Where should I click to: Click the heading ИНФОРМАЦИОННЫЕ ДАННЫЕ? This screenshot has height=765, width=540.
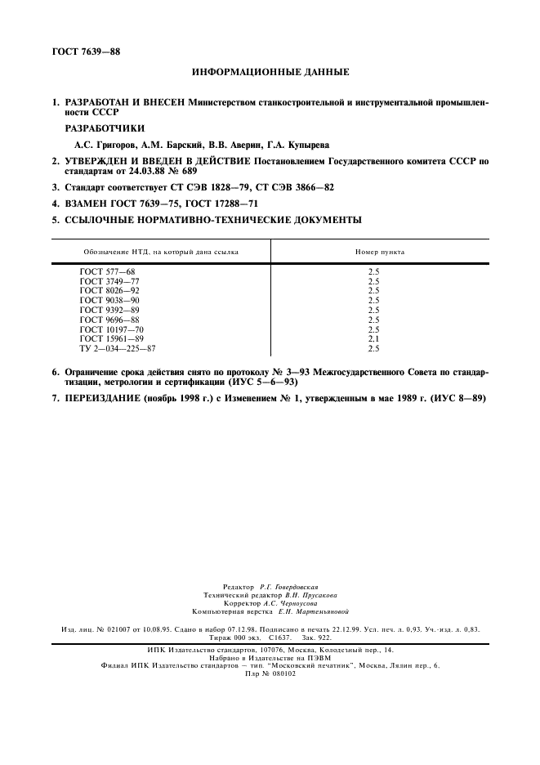(270, 73)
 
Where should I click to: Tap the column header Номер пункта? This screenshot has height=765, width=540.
(378, 252)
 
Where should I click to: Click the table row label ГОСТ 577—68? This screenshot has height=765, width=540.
(107, 271)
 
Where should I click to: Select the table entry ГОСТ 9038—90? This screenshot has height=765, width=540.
(109, 300)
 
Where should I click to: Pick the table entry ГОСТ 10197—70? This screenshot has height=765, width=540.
(112, 329)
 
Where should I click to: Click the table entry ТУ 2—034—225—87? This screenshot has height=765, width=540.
(118, 349)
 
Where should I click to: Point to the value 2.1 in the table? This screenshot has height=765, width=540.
(374, 339)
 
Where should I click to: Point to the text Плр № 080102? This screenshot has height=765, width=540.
(270, 673)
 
